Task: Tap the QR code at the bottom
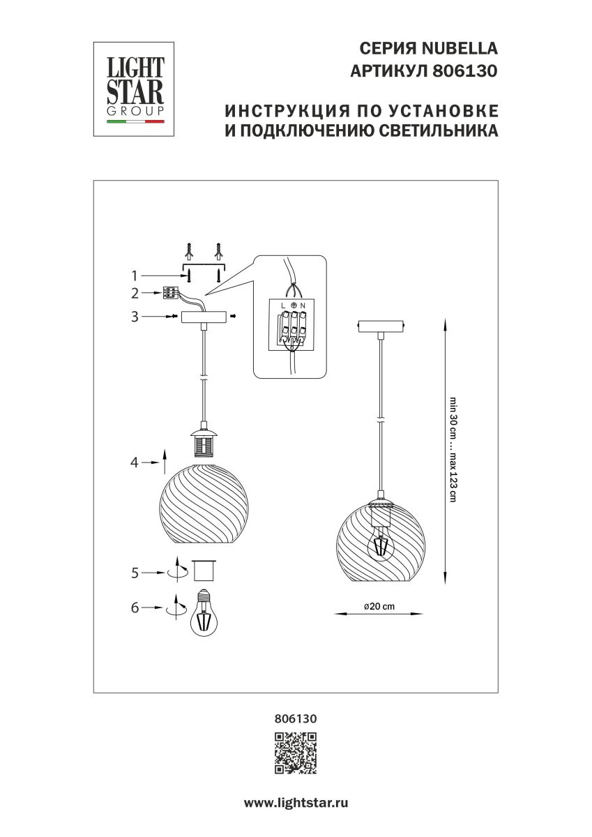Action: (x=296, y=753)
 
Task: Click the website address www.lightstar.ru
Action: (x=296, y=803)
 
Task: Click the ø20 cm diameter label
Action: (x=379, y=606)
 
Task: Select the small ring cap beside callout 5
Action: (x=204, y=570)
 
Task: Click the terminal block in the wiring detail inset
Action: (x=293, y=328)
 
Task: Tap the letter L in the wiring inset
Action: (x=282, y=306)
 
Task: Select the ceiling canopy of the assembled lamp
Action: (x=381, y=326)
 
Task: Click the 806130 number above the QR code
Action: (x=296, y=717)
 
